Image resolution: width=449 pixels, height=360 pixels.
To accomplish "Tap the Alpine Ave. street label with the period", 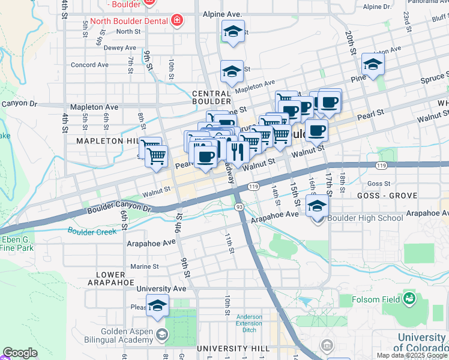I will [221, 14].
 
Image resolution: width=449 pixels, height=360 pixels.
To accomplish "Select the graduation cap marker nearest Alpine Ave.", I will [233, 32].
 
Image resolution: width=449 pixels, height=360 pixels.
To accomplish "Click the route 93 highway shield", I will [239, 207].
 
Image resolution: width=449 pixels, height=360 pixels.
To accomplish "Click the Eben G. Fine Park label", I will [17, 243].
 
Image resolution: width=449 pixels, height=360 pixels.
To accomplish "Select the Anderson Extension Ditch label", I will [249, 324].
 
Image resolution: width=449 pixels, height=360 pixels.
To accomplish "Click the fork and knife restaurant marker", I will [238, 152].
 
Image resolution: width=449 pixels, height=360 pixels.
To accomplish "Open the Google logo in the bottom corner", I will [20, 353].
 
